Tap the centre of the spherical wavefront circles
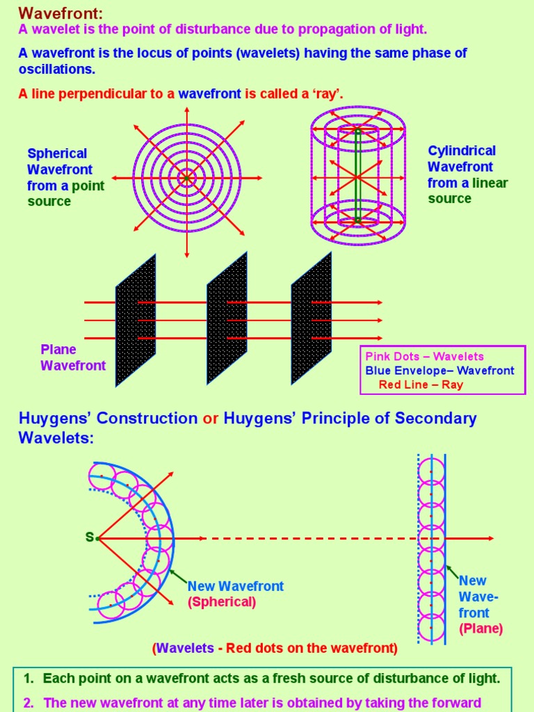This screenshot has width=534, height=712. point(186,178)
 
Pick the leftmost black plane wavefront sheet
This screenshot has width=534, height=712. point(136,320)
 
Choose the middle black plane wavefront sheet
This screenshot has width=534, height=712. point(227,320)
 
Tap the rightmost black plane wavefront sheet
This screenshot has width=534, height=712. point(311,320)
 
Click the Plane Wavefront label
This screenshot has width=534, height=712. point(73,357)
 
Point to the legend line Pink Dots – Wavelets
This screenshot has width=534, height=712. point(424,357)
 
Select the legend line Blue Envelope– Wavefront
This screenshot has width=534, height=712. point(439,371)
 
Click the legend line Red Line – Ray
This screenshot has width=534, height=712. point(421,385)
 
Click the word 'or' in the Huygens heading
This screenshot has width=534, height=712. point(210,419)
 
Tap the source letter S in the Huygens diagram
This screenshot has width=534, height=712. point(89,537)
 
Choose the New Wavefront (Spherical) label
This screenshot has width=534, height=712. point(235,594)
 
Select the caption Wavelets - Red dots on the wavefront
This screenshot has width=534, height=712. point(275,648)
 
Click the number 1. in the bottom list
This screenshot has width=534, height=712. point(29,679)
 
